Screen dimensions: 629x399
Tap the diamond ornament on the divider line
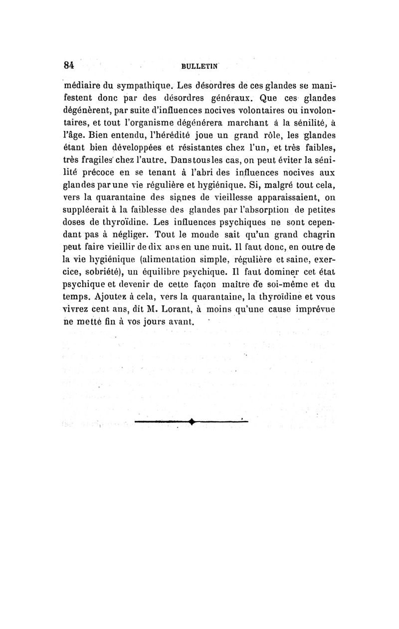coord(192,423)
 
